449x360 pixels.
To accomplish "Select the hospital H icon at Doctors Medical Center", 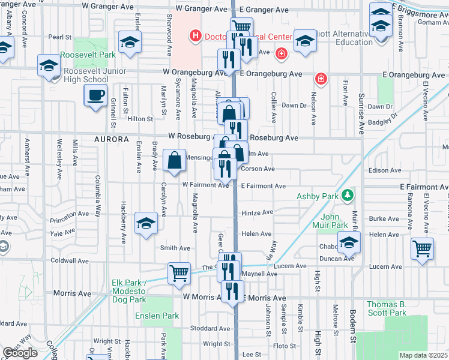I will click(x=194, y=37).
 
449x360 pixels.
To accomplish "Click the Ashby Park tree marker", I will click(x=346, y=196).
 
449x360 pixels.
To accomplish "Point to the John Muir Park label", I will click(x=334, y=221).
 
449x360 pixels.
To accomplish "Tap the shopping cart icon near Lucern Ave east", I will click(x=423, y=247).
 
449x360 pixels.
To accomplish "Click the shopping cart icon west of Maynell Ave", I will click(x=179, y=273).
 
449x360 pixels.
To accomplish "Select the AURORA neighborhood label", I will click(x=112, y=139).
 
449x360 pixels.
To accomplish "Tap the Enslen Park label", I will click(x=157, y=316).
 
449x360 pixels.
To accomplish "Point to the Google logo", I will click(x=20, y=353).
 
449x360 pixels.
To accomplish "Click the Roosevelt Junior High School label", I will click(x=86, y=75).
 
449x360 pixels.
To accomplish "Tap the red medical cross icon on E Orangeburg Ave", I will click(x=321, y=79).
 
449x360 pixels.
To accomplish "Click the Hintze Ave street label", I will click(x=257, y=212).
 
